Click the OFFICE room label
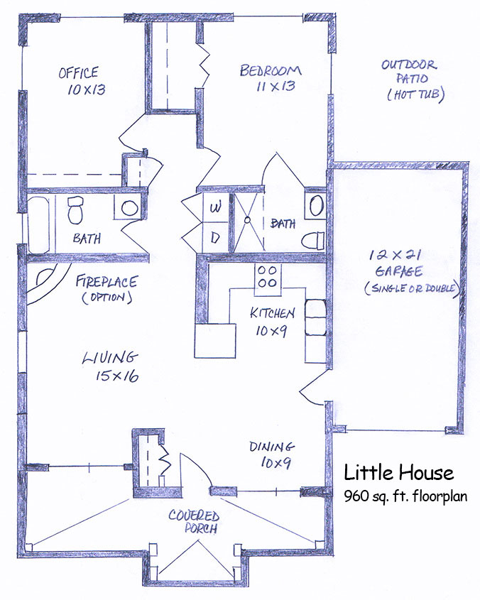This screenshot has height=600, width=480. [79, 72]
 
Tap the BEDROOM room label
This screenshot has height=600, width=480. [271, 71]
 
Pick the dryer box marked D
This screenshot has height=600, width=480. [215, 237]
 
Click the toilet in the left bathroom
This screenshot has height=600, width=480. [75, 209]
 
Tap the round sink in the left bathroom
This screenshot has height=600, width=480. [129, 208]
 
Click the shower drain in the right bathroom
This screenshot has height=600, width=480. [248, 220]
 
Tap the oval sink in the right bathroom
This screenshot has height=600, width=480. [316, 207]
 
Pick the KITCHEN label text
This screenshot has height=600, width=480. [272, 313]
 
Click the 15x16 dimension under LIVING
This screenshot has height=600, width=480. [117, 376]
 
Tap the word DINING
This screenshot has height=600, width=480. [272, 447]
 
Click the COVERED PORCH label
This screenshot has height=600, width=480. [195, 522]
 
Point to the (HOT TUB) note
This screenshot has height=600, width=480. [415, 94]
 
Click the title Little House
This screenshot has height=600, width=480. [399, 473]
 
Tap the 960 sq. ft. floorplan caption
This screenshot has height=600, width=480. [405, 496]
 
